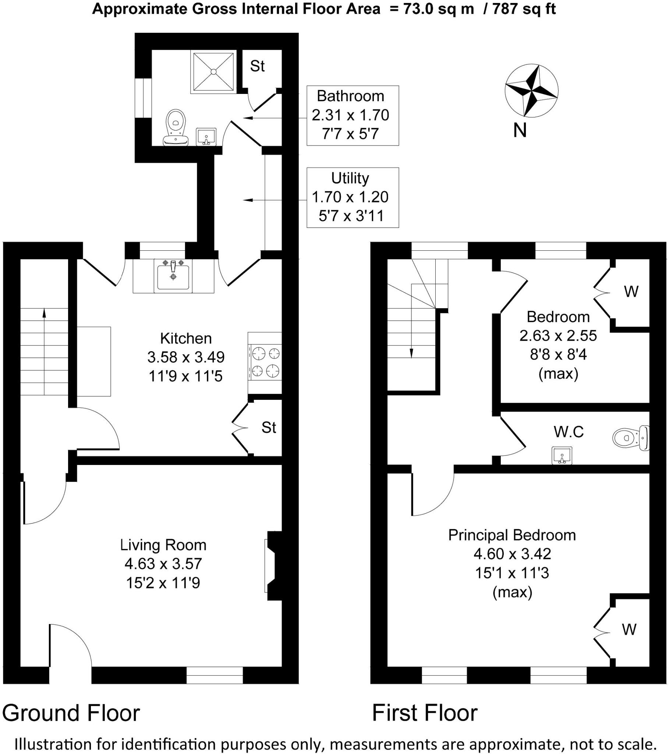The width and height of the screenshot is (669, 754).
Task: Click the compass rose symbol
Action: point(531,90)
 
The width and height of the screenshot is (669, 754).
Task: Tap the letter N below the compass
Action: point(520,131)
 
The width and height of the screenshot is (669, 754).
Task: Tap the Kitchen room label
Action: point(186,338)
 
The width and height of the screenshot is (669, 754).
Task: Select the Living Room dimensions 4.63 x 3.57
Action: point(163,564)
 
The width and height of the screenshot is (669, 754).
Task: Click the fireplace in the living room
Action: point(273,566)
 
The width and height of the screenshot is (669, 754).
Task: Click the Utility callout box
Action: point(353,197)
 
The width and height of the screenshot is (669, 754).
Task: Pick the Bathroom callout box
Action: point(353,116)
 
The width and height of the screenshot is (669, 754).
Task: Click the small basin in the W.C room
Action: point(562,455)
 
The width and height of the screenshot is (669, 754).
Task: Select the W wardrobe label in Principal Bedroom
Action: point(629,629)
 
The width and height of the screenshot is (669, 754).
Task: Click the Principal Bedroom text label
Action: point(512,535)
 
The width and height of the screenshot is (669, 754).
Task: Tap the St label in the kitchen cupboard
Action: point(269,427)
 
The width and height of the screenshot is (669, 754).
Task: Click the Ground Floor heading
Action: point(71,713)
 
